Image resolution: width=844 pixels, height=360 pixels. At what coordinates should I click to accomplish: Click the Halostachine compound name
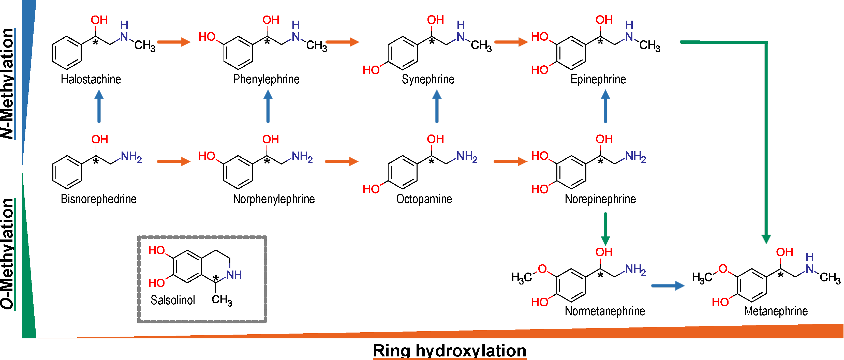[x=91, y=79]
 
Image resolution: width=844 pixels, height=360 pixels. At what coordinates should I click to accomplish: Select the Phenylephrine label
[x=266, y=79]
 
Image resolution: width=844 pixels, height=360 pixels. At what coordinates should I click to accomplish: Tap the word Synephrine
[x=428, y=79]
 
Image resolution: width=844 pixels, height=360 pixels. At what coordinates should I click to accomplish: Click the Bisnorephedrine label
[x=98, y=199]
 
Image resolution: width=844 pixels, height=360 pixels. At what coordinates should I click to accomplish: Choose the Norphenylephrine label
[x=274, y=199]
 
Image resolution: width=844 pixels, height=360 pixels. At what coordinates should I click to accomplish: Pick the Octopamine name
[x=424, y=199]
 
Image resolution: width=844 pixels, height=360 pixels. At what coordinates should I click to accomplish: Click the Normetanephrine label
[x=604, y=311]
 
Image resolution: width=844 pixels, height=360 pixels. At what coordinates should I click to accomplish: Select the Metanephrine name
[x=776, y=311]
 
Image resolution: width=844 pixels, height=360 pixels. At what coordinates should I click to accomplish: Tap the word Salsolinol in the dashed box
[x=173, y=300]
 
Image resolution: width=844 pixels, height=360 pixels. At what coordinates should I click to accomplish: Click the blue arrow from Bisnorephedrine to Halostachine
[x=99, y=107]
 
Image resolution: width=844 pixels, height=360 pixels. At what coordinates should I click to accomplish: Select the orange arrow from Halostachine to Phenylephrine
[x=174, y=42]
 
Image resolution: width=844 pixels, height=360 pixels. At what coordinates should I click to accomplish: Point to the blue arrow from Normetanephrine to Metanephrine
[x=668, y=286]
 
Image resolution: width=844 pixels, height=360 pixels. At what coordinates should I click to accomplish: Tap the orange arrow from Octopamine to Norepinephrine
[x=510, y=161]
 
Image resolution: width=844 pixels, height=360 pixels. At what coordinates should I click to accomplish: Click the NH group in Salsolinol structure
[x=234, y=275]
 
